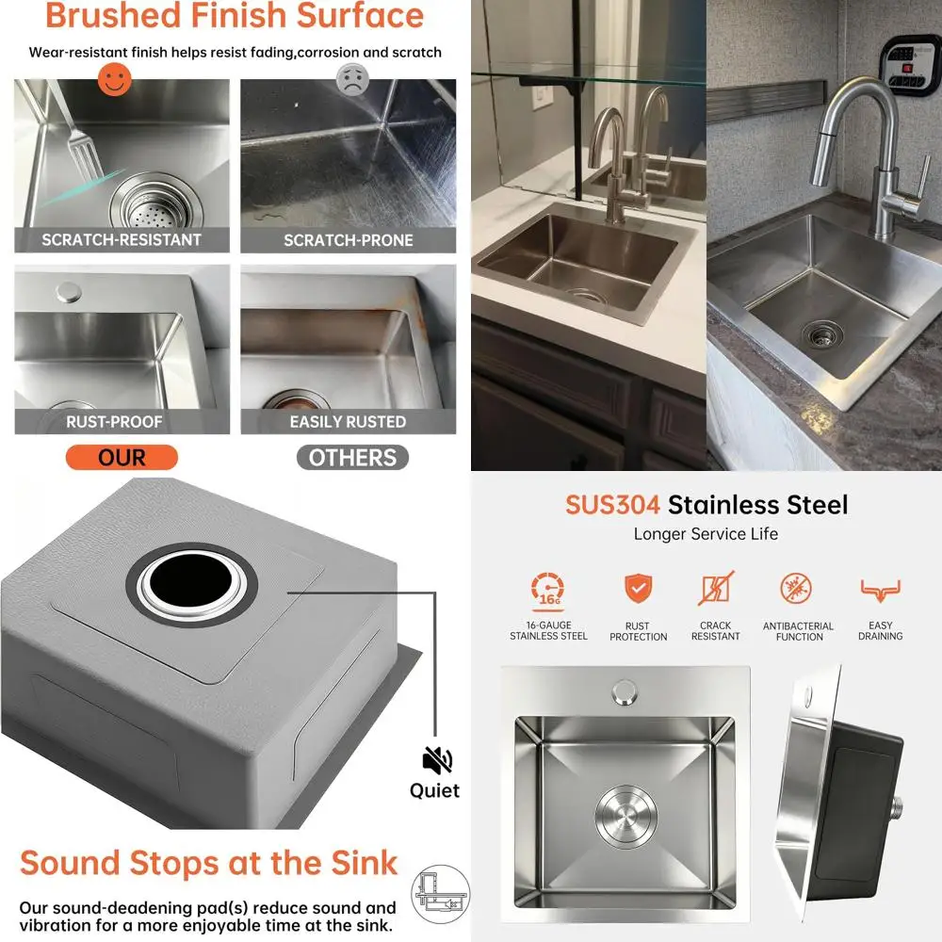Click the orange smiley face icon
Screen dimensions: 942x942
tap(114, 78)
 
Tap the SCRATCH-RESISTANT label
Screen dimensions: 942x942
tap(122, 239)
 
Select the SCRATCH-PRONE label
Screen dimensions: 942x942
tap(349, 240)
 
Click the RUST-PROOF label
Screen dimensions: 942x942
tap(115, 421)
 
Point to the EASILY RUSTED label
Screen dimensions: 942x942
tap(348, 421)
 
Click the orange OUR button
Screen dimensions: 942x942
tap(122, 458)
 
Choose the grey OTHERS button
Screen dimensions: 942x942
tap(352, 458)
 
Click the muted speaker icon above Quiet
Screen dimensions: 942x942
tap(437, 760)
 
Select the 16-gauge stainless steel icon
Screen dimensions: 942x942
tap(548, 591)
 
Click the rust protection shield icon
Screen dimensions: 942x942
tap(638, 589)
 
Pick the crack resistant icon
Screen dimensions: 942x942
tap(716, 589)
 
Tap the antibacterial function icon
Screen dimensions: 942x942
tap(799, 590)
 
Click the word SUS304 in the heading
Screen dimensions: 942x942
tap(612, 504)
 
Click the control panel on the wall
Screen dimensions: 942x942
tap(910, 63)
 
